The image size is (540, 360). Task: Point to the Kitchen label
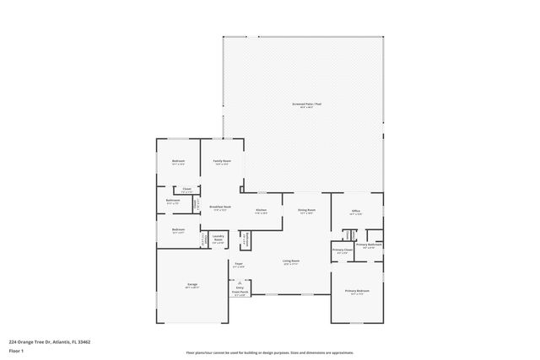tap(262, 210)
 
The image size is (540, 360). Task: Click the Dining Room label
tap(305, 210)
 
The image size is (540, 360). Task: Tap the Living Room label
tap(290, 261)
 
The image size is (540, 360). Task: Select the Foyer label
tap(239, 265)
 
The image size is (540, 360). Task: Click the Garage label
tap(192, 284)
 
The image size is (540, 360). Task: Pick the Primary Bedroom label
tap(356, 292)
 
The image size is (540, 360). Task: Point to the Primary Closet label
tap(343, 250)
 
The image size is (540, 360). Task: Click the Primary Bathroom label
tap(369, 245)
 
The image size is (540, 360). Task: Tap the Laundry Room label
tap(218, 239)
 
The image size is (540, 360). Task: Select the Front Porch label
tap(240, 293)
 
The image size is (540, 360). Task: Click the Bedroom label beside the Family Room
tap(178, 161)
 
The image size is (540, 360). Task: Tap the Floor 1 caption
tap(16, 351)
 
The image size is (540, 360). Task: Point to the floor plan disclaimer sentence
tap(269, 352)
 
